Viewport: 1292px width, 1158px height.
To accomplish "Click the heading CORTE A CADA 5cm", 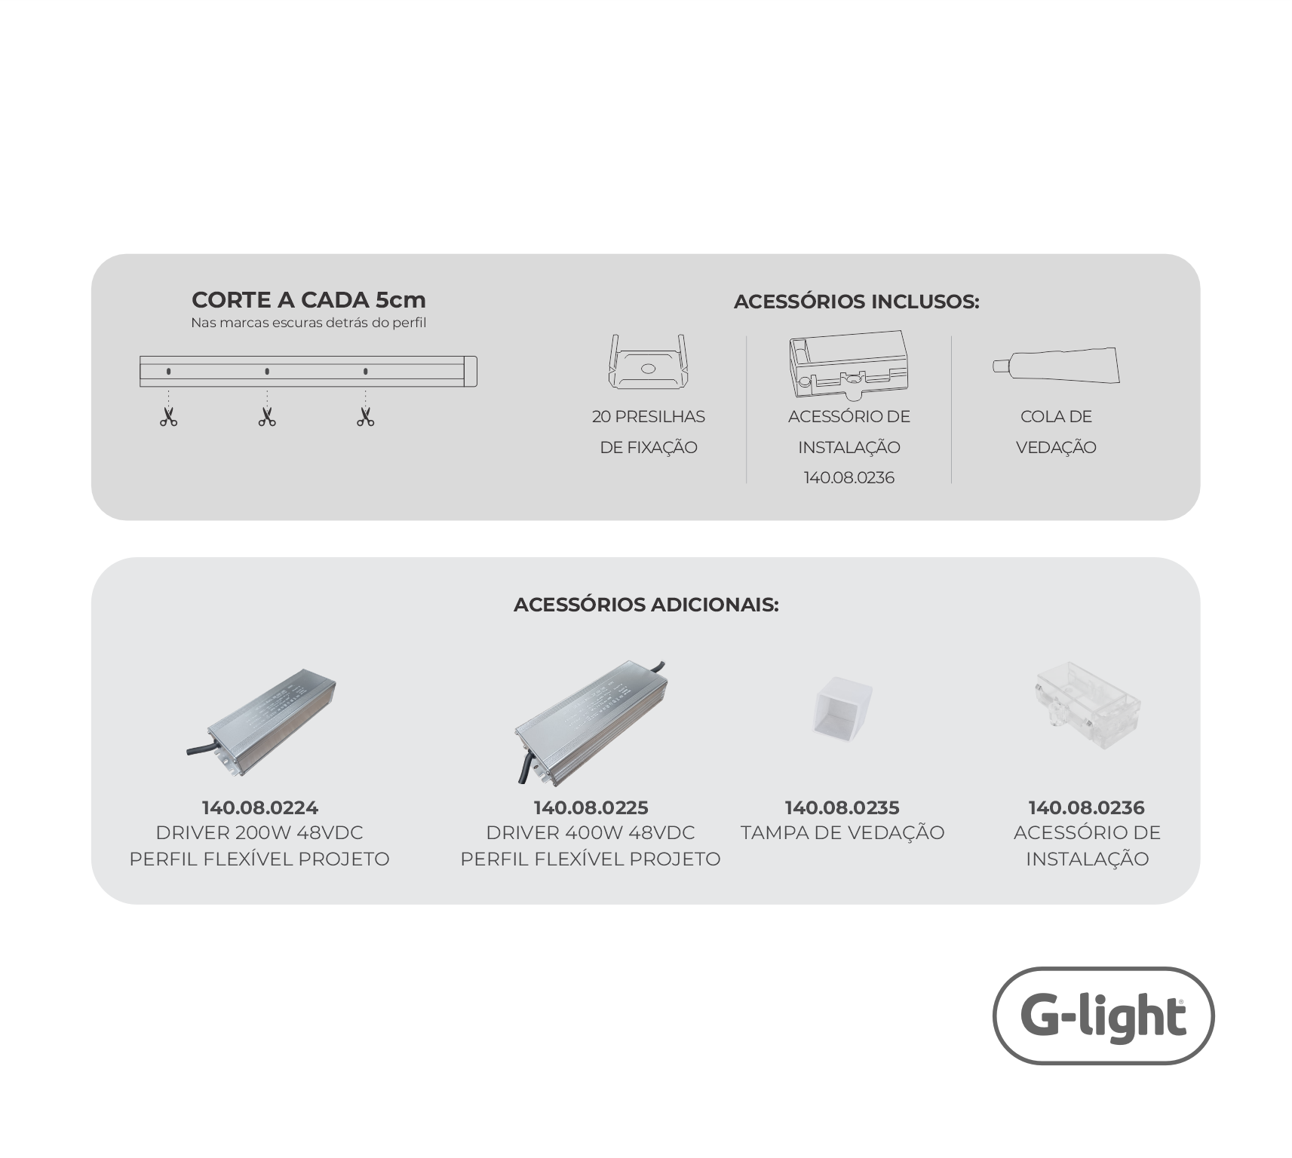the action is (308, 300).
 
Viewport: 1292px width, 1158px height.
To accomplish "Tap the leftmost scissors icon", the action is (168, 417).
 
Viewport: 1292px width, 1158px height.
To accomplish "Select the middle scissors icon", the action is (267, 417).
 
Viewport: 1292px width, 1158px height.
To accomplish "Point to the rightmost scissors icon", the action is (366, 417).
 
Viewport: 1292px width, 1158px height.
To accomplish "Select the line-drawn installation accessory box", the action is (849, 364).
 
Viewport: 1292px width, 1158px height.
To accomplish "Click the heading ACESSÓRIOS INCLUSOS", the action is (856, 302).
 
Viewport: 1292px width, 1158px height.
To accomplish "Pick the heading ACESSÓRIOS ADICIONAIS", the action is (646, 605).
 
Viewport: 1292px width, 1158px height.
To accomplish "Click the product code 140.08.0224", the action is (259, 808).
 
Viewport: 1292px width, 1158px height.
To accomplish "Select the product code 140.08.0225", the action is (591, 808).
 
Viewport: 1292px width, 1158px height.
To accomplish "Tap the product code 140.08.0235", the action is (842, 808).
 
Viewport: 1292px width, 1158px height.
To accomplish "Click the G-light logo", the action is (1103, 1016).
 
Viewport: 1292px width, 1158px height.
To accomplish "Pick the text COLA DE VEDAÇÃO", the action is (1056, 432).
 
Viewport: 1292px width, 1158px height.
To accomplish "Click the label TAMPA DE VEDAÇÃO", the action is (842, 833).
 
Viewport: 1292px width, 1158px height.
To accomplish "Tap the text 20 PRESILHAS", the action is (649, 417).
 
